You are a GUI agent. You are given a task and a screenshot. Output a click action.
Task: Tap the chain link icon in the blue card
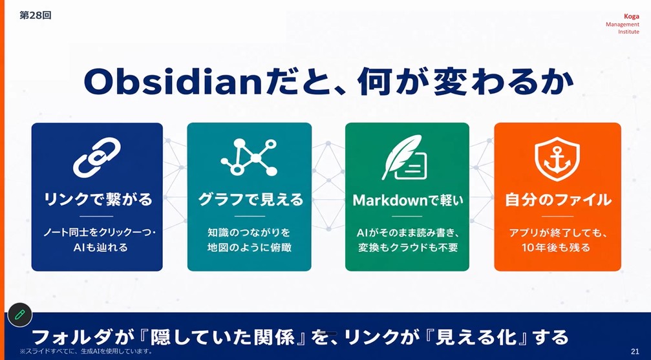pyautogui.click(x=97, y=156)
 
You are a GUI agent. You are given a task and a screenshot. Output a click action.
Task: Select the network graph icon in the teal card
pyautogui.click(x=249, y=157)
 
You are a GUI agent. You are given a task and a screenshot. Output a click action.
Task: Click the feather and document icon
pyautogui.click(x=405, y=157)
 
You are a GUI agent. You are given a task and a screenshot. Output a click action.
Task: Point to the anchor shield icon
pyautogui.click(x=557, y=158)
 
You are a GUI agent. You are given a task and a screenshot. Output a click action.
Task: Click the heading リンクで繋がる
pyautogui.click(x=98, y=200)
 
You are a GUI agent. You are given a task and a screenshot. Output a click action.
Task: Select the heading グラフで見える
pyautogui.click(x=250, y=200)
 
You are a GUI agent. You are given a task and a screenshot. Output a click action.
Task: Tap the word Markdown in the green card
pyautogui.click(x=390, y=200)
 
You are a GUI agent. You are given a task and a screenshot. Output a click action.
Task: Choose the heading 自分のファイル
pyautogui.click(x=558, y=200)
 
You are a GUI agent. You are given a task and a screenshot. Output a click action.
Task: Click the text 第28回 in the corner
pyautogui.click(x=36, y=16)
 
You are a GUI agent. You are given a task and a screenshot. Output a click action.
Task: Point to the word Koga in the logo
pyautogui.click(x=631, y=17)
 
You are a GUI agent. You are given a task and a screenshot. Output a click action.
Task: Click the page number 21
pyautogui.click(x=635, y=352)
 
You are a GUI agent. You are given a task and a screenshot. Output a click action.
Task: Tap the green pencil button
pyautogui.click(x=19, y=315)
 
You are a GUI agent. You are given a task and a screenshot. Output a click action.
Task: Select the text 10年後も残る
pyautogui.click(x=556, y=248)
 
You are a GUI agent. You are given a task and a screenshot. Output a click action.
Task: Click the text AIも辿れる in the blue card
pyautogui.click(x=100, y=248)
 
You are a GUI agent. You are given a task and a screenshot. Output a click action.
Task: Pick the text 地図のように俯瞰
pyautogui.click(x=250, y=248)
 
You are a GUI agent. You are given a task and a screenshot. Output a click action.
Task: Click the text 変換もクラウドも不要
pyautogui.click(x=408, y=248)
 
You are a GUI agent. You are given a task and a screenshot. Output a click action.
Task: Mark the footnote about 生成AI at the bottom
pyautogui.click(x=86, y=352)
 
